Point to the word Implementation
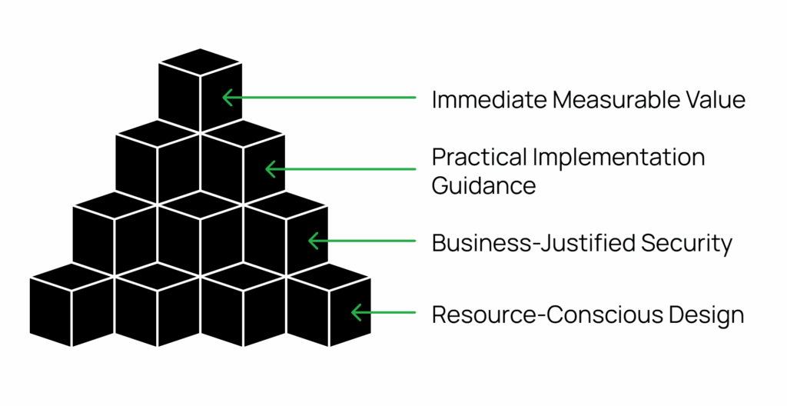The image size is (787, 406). [x=621, y=158]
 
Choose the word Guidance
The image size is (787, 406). [x=483, y=185]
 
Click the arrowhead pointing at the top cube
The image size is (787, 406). [x=226, y=98]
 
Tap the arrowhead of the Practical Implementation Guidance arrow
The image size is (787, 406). [x=269, y=169]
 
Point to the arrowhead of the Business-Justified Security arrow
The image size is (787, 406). [x=312, y=241]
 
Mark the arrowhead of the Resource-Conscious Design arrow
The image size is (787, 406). [x=355, y=312]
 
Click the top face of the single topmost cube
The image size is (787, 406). [x=201, y=62]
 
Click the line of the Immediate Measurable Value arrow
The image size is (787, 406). [x=323, y=98]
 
